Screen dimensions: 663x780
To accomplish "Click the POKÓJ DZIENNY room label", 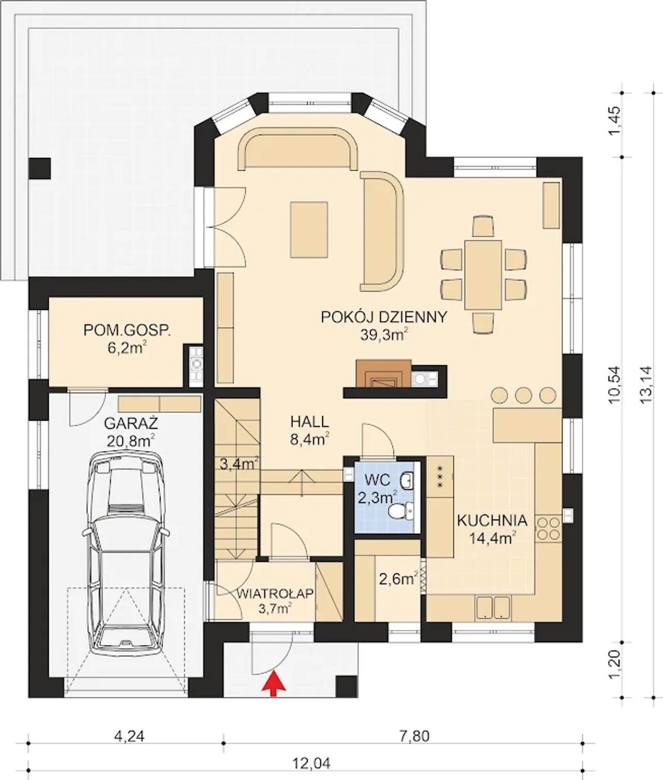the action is point(384,317).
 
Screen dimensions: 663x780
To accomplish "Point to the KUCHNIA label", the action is point(492,520).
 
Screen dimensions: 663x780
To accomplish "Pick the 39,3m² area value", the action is point(384,335).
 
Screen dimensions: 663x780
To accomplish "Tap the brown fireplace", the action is point(383,373).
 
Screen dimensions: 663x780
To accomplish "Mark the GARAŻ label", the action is point(131,423).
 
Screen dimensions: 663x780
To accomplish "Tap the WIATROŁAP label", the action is point(275,594).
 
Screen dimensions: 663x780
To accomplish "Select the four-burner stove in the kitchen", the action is point(549,528).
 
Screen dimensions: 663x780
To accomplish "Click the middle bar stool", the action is point(524,395).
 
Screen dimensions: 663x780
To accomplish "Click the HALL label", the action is point(310,421).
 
